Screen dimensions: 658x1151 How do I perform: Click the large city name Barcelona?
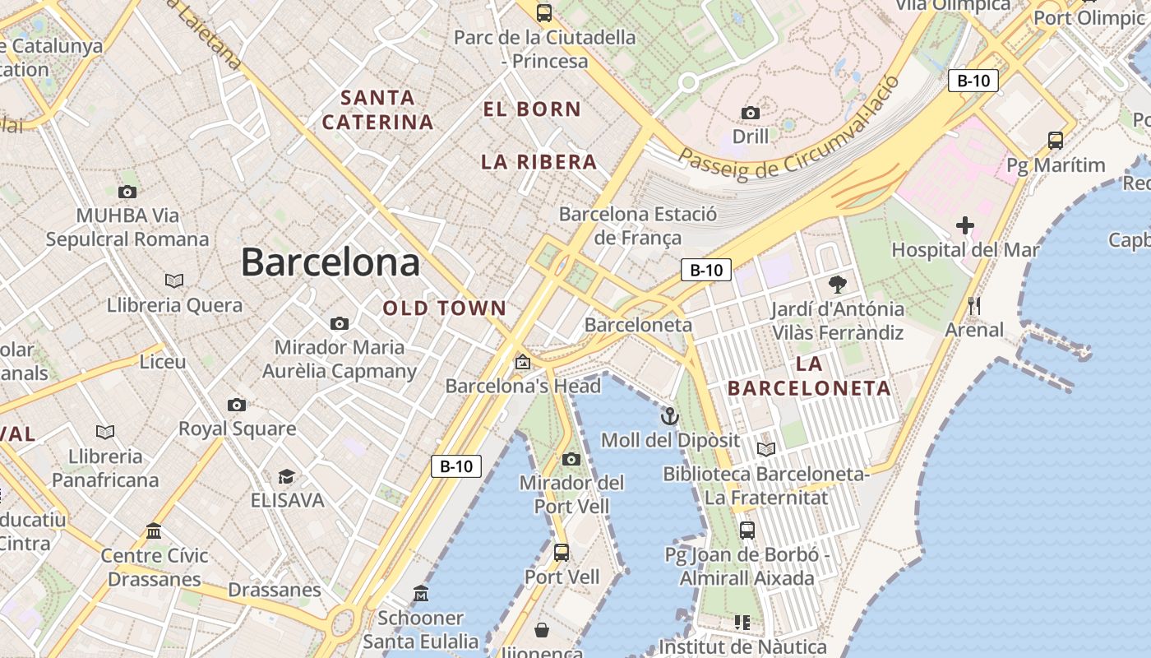point(330,263)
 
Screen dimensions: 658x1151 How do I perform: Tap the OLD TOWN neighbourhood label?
point(444,308)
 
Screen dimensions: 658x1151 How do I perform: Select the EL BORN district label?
point(532,109)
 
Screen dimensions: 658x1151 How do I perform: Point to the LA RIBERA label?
point(539,162)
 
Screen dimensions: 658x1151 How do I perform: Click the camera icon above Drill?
point(751,113)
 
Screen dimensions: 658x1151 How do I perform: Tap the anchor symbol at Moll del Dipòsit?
point(670,416)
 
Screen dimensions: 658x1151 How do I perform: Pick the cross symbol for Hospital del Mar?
point(965,225)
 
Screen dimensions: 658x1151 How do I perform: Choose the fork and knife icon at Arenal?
point(974,306)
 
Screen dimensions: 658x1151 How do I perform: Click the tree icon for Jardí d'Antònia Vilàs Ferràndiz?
point(838,285)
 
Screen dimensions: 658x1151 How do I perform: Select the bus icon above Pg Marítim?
point(1056,141)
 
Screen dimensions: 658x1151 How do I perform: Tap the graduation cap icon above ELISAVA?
point(286,476)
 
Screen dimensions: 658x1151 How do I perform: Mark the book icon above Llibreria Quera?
point(174,280)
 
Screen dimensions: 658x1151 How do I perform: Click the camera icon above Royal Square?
point(237,405)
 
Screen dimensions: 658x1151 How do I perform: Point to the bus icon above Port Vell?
point(562,553)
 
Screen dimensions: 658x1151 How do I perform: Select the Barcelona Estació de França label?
point(638,226)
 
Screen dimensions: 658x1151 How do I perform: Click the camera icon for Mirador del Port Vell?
point(571,459)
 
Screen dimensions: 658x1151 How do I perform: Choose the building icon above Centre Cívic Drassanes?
point(154,531)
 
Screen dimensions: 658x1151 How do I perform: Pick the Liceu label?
point(163,362)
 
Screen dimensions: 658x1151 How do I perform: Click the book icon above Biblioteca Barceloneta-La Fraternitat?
point(766,449)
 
